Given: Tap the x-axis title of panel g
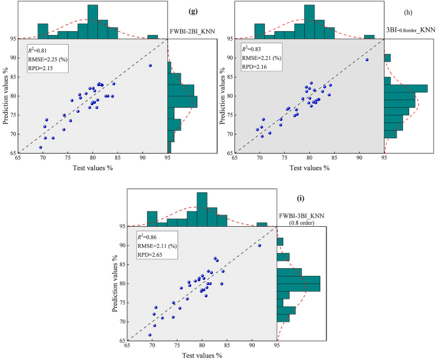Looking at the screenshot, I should pos(93,168).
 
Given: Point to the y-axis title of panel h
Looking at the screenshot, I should pos(223,96).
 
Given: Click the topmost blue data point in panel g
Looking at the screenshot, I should pos(150,66).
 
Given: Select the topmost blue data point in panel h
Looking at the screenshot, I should pos(367,60).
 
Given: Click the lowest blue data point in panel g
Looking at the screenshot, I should pos(41,147).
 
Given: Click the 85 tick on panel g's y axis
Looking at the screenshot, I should pos(11,77).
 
